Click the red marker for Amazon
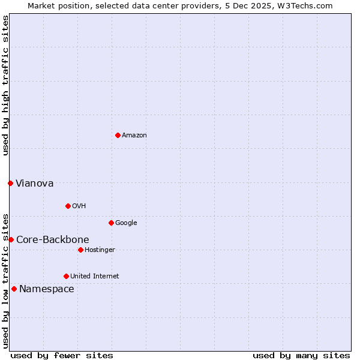point(118,135)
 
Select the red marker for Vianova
point(11,183)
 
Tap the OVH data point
point(68,206)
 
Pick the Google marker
point(111,223)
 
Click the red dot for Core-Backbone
point(11,239)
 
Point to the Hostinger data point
point(80,250)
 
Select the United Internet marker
point(66,276)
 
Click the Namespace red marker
point(14,289)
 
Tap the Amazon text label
point(134,136)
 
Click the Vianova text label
point(34,184)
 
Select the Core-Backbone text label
point(52,240)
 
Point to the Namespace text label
point(46,289)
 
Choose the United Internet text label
point(94,277)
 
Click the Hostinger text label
point(100,250)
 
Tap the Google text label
point(126,223)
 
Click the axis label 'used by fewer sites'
point(62,355)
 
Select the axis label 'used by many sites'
point(301,355)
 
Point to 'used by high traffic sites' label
point(5,85)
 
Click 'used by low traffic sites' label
point(5,280)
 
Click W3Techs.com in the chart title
point(311,5)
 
